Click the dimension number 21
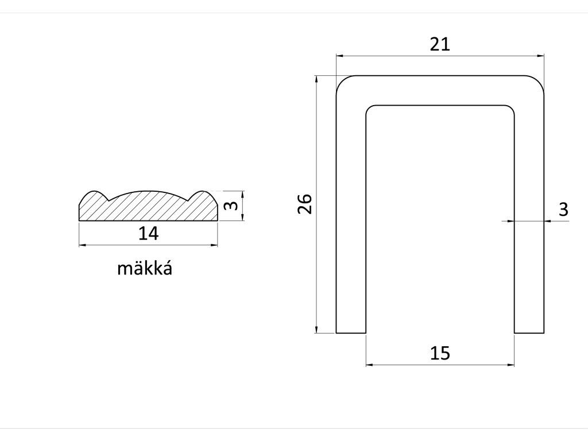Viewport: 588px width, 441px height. (440, 44)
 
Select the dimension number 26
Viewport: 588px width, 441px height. (305, 204)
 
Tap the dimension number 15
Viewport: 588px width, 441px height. (440, 353)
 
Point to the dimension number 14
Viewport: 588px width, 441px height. (148, 233)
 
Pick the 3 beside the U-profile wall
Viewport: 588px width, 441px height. (563, 210)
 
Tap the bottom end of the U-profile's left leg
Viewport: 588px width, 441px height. (351, 331)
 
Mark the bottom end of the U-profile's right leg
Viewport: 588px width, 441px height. (529, 331)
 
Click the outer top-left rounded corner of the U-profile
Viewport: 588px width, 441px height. (341, 81)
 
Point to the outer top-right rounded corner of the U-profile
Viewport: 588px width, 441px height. (539, 81)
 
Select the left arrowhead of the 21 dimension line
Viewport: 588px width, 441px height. (339, 56)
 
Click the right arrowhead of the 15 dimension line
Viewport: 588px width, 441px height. (511, 364)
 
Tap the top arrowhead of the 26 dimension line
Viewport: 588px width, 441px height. (317, 79)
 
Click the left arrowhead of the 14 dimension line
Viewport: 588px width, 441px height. (81, 245)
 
